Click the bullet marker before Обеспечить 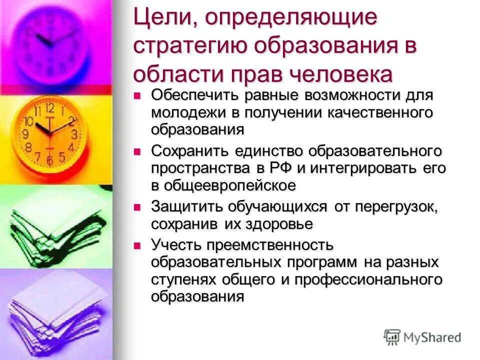click(x=138, y=94)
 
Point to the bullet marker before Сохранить click(x=138, y=150)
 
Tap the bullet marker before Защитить click(x=138, y=205)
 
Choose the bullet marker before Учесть click(x=138, y=244)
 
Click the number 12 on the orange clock click(x=49, y=107)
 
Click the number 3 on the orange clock click(x=74, y=134)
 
